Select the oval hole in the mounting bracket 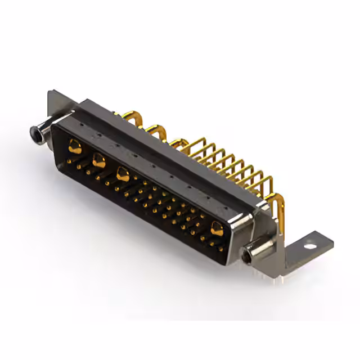(308, 246)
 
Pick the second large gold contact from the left (98, 160)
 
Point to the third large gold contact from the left (122, 174)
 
